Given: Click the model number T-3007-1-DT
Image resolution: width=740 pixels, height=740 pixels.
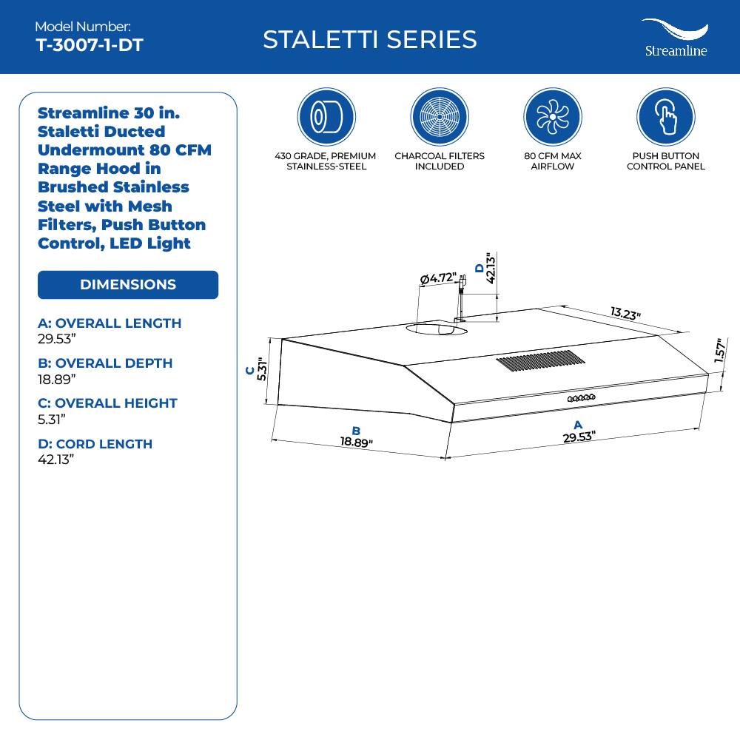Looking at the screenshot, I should coord(89,45).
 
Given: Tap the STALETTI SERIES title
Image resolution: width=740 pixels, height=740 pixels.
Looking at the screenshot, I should coord(369,39).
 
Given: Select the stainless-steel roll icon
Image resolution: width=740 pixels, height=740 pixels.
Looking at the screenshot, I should coord(326,117).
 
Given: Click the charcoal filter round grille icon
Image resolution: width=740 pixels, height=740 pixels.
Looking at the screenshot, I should coord(440,117).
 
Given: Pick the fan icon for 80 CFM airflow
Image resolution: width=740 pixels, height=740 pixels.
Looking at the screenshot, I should coord(552,117).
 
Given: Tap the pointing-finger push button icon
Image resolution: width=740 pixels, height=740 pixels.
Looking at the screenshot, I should coord(665,117).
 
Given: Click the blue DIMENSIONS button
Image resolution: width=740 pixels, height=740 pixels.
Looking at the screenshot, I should coord(128,285).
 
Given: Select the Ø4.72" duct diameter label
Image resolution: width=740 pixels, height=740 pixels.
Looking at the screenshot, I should coord(437,279).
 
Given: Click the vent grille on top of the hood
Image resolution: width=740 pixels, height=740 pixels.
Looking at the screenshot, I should coord(540,362).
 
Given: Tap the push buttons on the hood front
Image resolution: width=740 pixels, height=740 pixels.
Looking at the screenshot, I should coord(582,399).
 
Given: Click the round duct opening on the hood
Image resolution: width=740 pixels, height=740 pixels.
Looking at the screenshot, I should coord(436,328).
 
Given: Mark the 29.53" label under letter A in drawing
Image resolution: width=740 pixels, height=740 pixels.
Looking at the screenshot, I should coord(578,437).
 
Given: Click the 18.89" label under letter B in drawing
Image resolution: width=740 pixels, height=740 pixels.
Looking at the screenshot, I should coord(356,442).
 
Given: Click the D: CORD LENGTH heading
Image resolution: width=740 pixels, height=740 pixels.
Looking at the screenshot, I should coord(95,444).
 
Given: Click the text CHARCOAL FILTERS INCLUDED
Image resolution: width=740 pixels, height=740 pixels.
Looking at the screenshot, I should coord(440,161).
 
